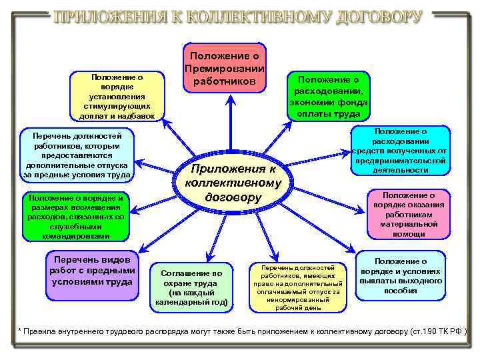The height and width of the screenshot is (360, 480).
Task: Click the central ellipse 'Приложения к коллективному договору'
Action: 230,182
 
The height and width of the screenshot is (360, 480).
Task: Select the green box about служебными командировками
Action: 74,217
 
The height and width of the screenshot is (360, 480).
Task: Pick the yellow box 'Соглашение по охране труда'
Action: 191,287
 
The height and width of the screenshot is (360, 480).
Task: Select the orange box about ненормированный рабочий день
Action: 299,287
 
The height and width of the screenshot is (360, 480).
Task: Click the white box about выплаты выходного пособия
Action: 401,275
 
